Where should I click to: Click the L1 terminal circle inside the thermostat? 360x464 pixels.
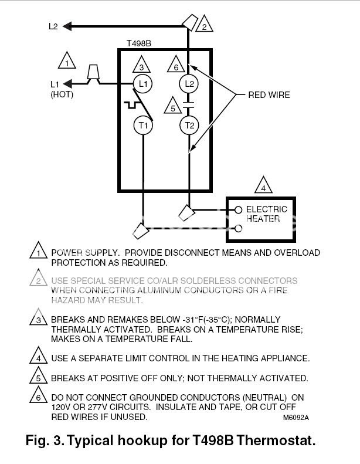(x=142, y=84)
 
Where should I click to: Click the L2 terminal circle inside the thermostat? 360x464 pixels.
(x=189, y=84)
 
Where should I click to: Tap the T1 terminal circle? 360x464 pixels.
(x=143, y=125)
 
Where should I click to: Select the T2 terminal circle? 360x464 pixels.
(x=189, y=125)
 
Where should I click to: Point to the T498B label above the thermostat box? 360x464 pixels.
(x=139, y=43)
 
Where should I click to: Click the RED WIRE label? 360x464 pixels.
(x=269, y=95)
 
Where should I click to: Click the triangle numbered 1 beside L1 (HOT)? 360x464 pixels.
(x=67, y=60)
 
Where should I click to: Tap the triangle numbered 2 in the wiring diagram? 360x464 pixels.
(x=205, y=23)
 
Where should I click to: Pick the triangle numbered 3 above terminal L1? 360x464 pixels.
(x=141, y=65)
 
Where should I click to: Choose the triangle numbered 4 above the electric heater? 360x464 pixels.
(x=263, y=185)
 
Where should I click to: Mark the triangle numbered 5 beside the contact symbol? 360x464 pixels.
(x=173, y=106)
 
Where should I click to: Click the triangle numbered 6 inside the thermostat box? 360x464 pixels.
(x=176, y=64)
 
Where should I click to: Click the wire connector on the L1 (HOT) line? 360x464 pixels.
(x=93, y=72)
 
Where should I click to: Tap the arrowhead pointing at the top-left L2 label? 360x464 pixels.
(x=67, y=26)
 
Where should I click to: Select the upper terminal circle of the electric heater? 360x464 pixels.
(x=239, y=210)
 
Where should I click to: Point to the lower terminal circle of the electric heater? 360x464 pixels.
(x=239, y=228)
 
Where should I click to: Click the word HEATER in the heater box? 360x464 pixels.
(x=263, y=219)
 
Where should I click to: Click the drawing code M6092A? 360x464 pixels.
(x=296, y=418)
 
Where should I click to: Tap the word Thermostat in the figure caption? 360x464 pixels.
(x=276, y=441)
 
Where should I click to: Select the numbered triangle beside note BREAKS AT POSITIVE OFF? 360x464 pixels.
(x=39, y=375)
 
